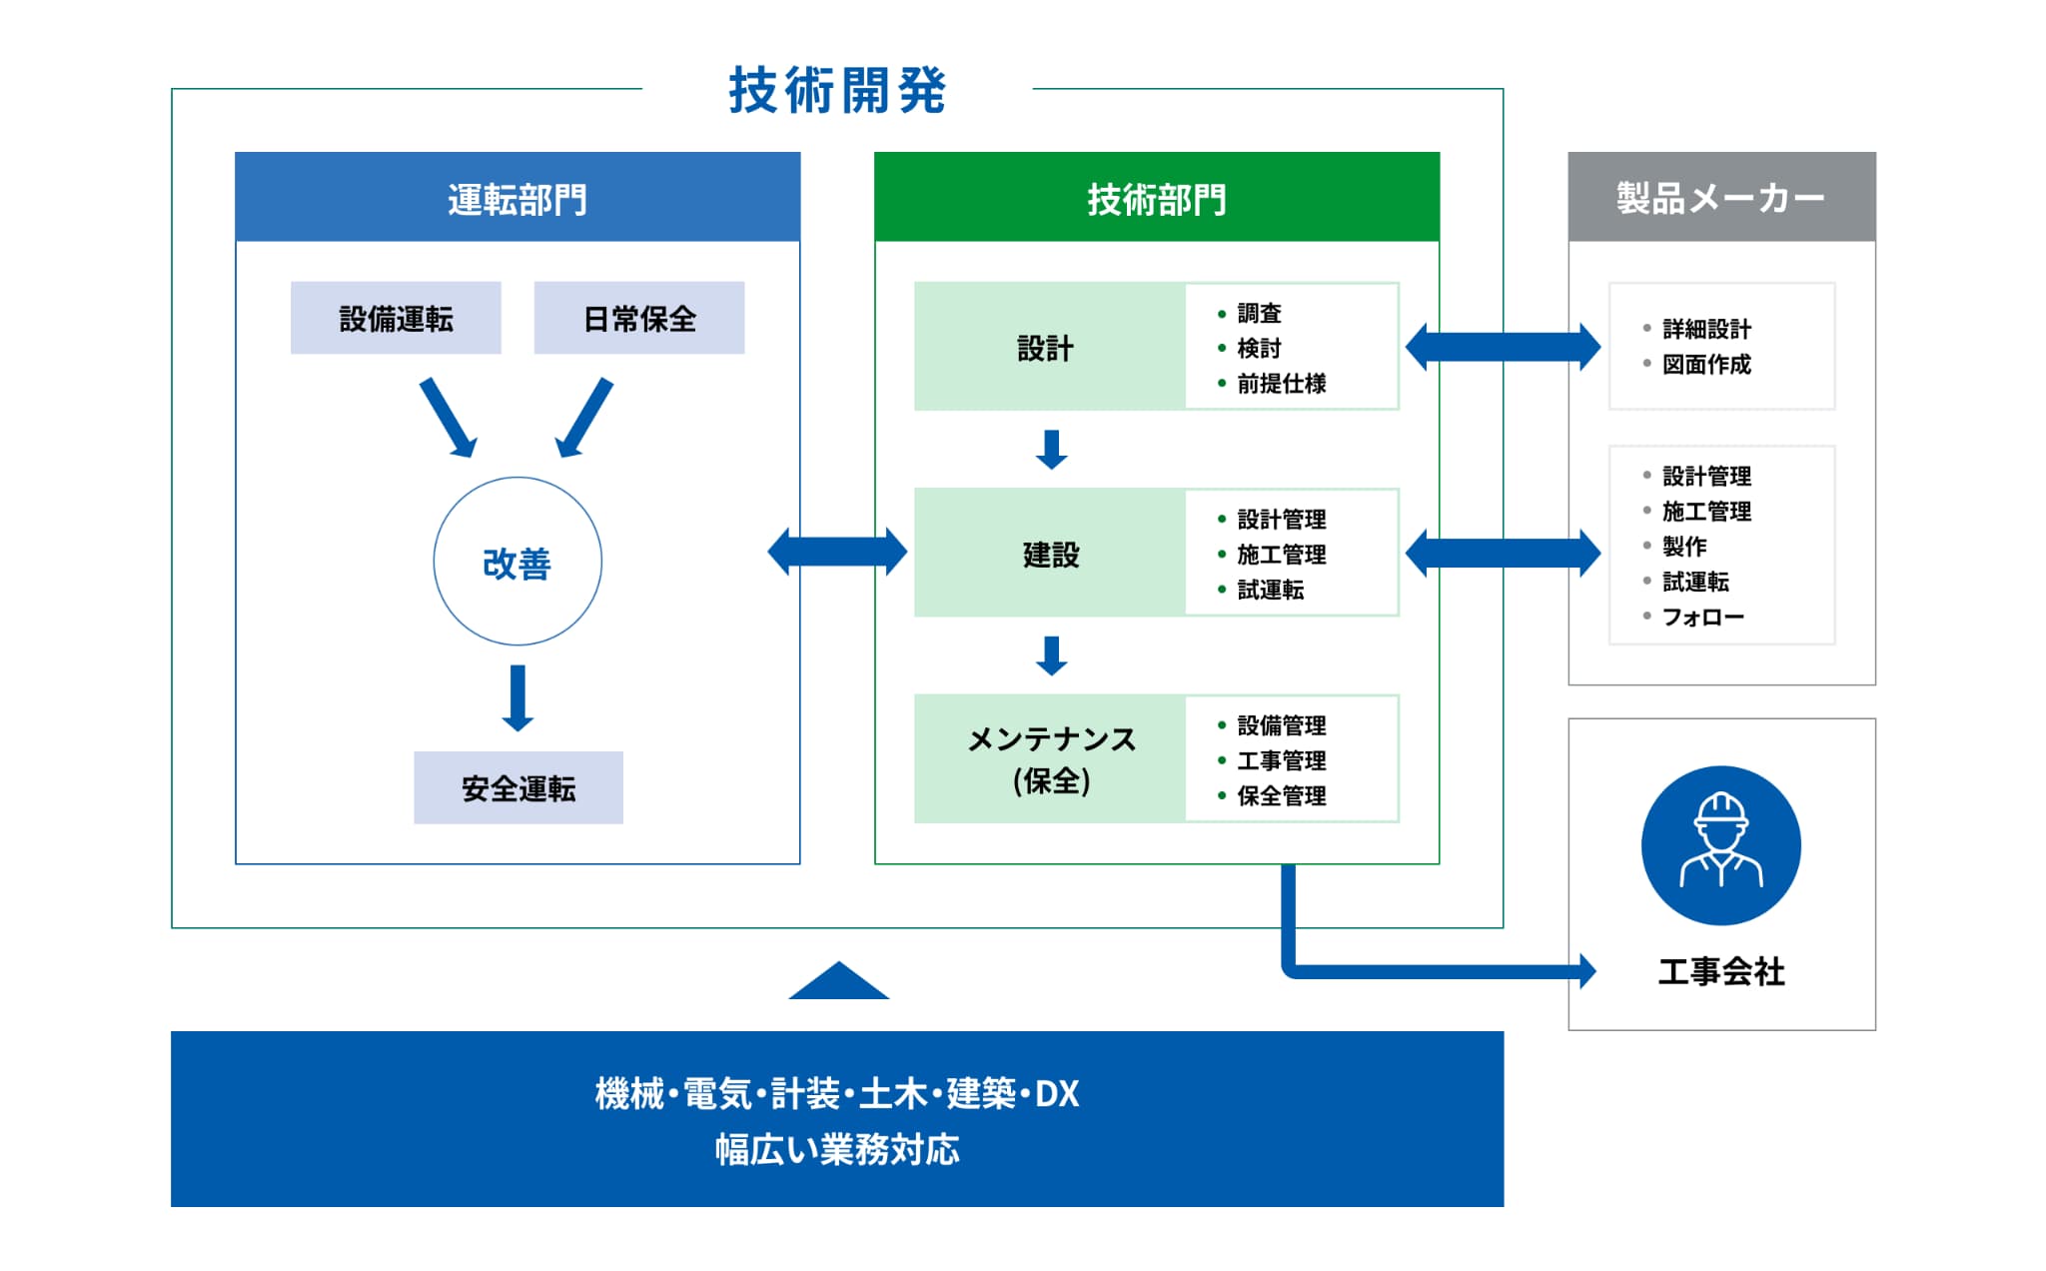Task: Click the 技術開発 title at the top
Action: (837, 91)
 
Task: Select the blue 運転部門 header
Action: (517, 198)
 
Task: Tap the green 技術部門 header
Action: (1157, 198)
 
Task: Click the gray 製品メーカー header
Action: (1720, 198)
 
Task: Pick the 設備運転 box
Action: (396, 319)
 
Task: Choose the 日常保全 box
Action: (639, 319)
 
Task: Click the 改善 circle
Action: (517, 562)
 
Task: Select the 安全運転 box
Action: (518, 788)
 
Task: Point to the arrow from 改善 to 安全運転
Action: (517, 697)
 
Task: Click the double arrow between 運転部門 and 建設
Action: (837, 552)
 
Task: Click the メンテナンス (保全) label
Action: (1051, 759)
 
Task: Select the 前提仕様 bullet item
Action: (1281, 384)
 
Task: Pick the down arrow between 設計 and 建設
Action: (1052, 450)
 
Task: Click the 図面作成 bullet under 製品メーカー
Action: (1706, 365)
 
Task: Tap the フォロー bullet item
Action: (1702, 617)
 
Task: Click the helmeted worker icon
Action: (1720, 845)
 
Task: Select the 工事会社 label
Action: (1720, 971)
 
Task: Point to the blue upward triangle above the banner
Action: (838, 982)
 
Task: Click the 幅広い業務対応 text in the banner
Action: (837, 1150)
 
